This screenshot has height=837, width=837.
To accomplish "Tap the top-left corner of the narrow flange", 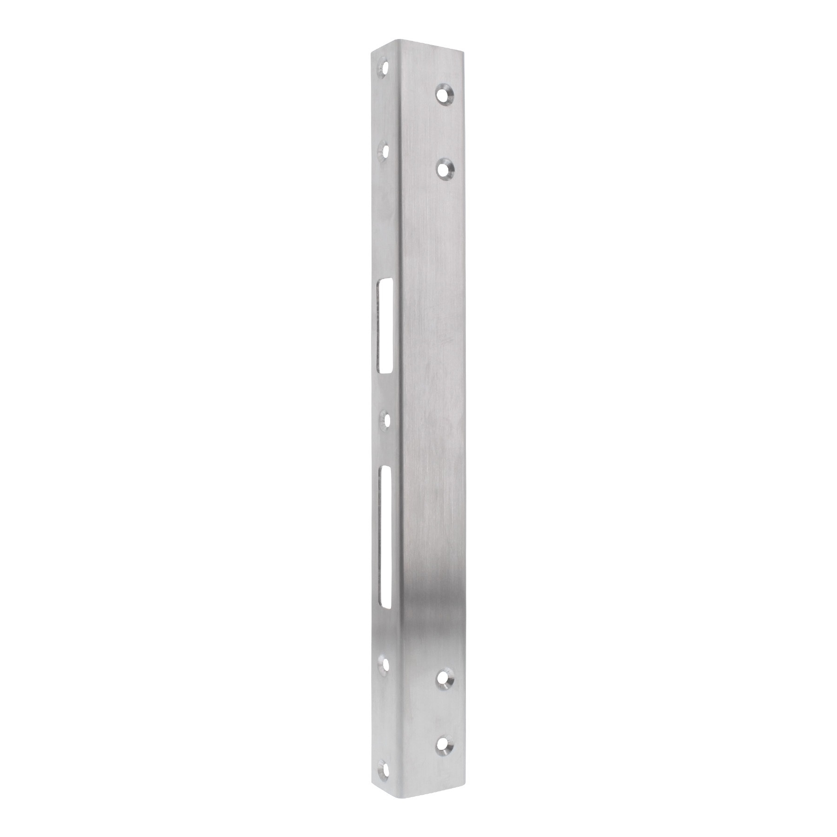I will [372, 52].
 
